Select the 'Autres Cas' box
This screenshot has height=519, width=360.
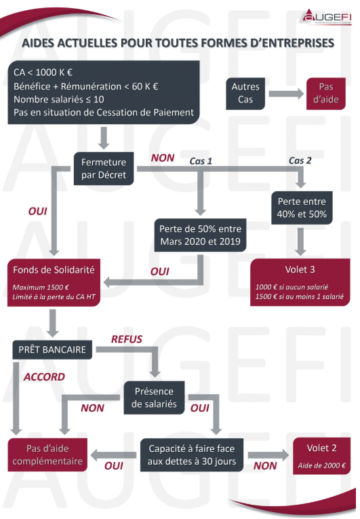(x=245, y=94)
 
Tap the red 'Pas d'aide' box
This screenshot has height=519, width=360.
(x=326, y=94)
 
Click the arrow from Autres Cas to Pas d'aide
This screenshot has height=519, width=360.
(x=286, y=94)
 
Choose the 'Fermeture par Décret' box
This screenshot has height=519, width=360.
(x=104, y=168)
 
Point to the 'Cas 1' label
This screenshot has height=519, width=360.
(x=201, y=161)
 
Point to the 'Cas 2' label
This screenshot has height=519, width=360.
(x=300, y=161)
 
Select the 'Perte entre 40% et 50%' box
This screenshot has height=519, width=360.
(x=302, y=208)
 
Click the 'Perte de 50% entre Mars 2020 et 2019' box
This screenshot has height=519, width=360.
(x=200, y=235)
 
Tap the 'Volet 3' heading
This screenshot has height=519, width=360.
(x=300, y=270)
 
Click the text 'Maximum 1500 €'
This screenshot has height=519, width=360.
(x=41, y=287)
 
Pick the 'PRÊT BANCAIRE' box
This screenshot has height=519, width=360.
(x=52, y=349)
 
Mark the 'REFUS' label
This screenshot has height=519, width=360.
(x=126, y=339)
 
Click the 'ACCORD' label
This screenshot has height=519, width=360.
(x=44, y=377)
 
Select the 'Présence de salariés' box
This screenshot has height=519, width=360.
(x=154, y=398)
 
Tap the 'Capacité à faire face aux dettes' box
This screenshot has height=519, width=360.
(x=192, y=455)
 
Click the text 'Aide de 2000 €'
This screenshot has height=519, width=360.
(x=321, y=465)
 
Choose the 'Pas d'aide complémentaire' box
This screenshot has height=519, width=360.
(x=47, y=455)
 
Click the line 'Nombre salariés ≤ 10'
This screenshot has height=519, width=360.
(x=59, y=99)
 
